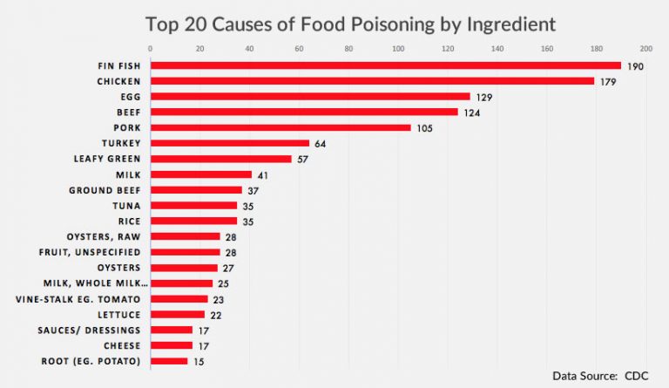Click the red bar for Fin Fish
(x=385, y=65)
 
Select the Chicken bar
(x=372, y=81)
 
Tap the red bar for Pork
(x=280, y=127)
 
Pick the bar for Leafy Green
(x=221, y=159)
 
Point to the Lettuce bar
(x=178, y=314)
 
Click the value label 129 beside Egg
(x=483, y=97)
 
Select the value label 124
(x=470, y=112)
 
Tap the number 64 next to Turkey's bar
(x=320, y=143)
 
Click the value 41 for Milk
(x=263, y=174)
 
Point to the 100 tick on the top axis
(x=398, y=48)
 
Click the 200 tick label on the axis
(x=645, y=48)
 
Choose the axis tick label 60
(x=299, y=48)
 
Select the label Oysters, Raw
(x=104, y=236)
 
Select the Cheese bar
(x=172, y=345)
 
